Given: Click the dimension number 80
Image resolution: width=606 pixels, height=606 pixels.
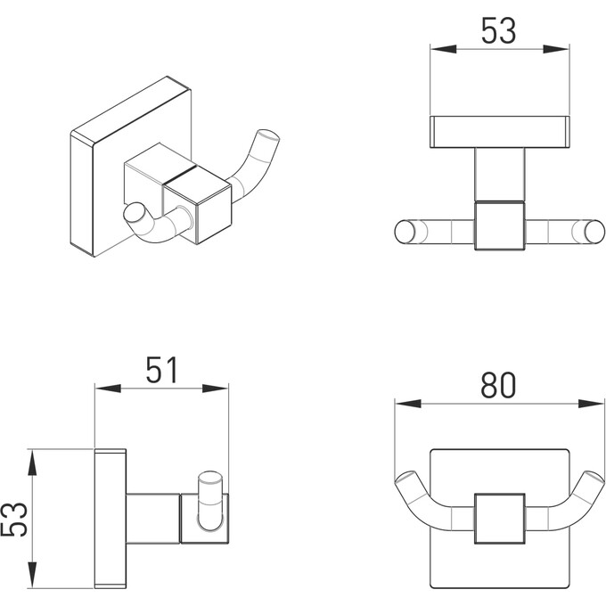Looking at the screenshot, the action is pos(498,385).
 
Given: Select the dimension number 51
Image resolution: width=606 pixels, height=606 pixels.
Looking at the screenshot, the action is pos(162,370).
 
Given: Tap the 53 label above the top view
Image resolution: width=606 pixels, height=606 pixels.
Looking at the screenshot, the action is pos(498,30).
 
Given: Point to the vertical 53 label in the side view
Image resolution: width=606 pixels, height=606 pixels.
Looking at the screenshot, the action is pos(14,520).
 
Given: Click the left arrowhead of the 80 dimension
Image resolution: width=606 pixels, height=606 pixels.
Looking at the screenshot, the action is pos(408,404).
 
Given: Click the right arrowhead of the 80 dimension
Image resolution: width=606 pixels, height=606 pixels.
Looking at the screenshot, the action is pos(591,404).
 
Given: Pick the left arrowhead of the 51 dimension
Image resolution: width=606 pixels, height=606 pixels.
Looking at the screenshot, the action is pos(108,389).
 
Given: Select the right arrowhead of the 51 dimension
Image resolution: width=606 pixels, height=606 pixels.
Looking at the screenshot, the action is pos(216,389).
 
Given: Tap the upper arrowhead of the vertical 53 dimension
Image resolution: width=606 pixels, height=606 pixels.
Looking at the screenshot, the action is pos(32,463).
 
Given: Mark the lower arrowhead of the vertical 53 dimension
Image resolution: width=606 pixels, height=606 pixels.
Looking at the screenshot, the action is pos(32,575).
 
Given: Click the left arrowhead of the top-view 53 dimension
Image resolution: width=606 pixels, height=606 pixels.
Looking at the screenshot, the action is pos(444,49).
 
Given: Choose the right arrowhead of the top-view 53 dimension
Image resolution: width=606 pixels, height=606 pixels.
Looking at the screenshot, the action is pos(556,49).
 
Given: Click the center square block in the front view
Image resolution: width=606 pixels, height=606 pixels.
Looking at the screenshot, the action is pos(499,519).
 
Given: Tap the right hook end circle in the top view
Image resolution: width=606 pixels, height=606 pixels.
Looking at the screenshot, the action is pos(594,232).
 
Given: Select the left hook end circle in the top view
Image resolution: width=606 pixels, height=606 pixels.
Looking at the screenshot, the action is pos(405,232).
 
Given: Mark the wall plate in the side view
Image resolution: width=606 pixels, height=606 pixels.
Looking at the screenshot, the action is pos(111,519).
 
